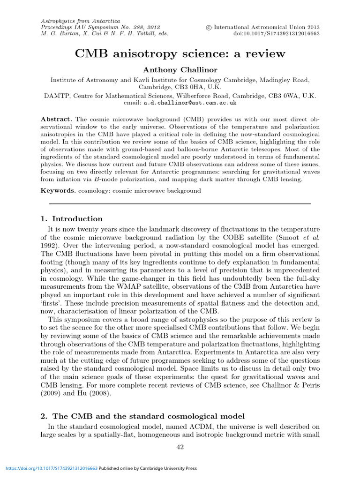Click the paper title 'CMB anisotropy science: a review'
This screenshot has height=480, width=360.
click(180, 53)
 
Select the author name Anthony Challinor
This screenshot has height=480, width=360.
click(180, 70)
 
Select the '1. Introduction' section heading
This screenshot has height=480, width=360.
click(72, 219)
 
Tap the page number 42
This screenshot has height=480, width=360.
click(180, 447)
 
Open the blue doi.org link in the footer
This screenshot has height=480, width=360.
click(51, 468)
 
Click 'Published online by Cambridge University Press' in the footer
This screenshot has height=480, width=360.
click(148, 468)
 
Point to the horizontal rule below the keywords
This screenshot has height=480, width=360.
click(180, 204)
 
